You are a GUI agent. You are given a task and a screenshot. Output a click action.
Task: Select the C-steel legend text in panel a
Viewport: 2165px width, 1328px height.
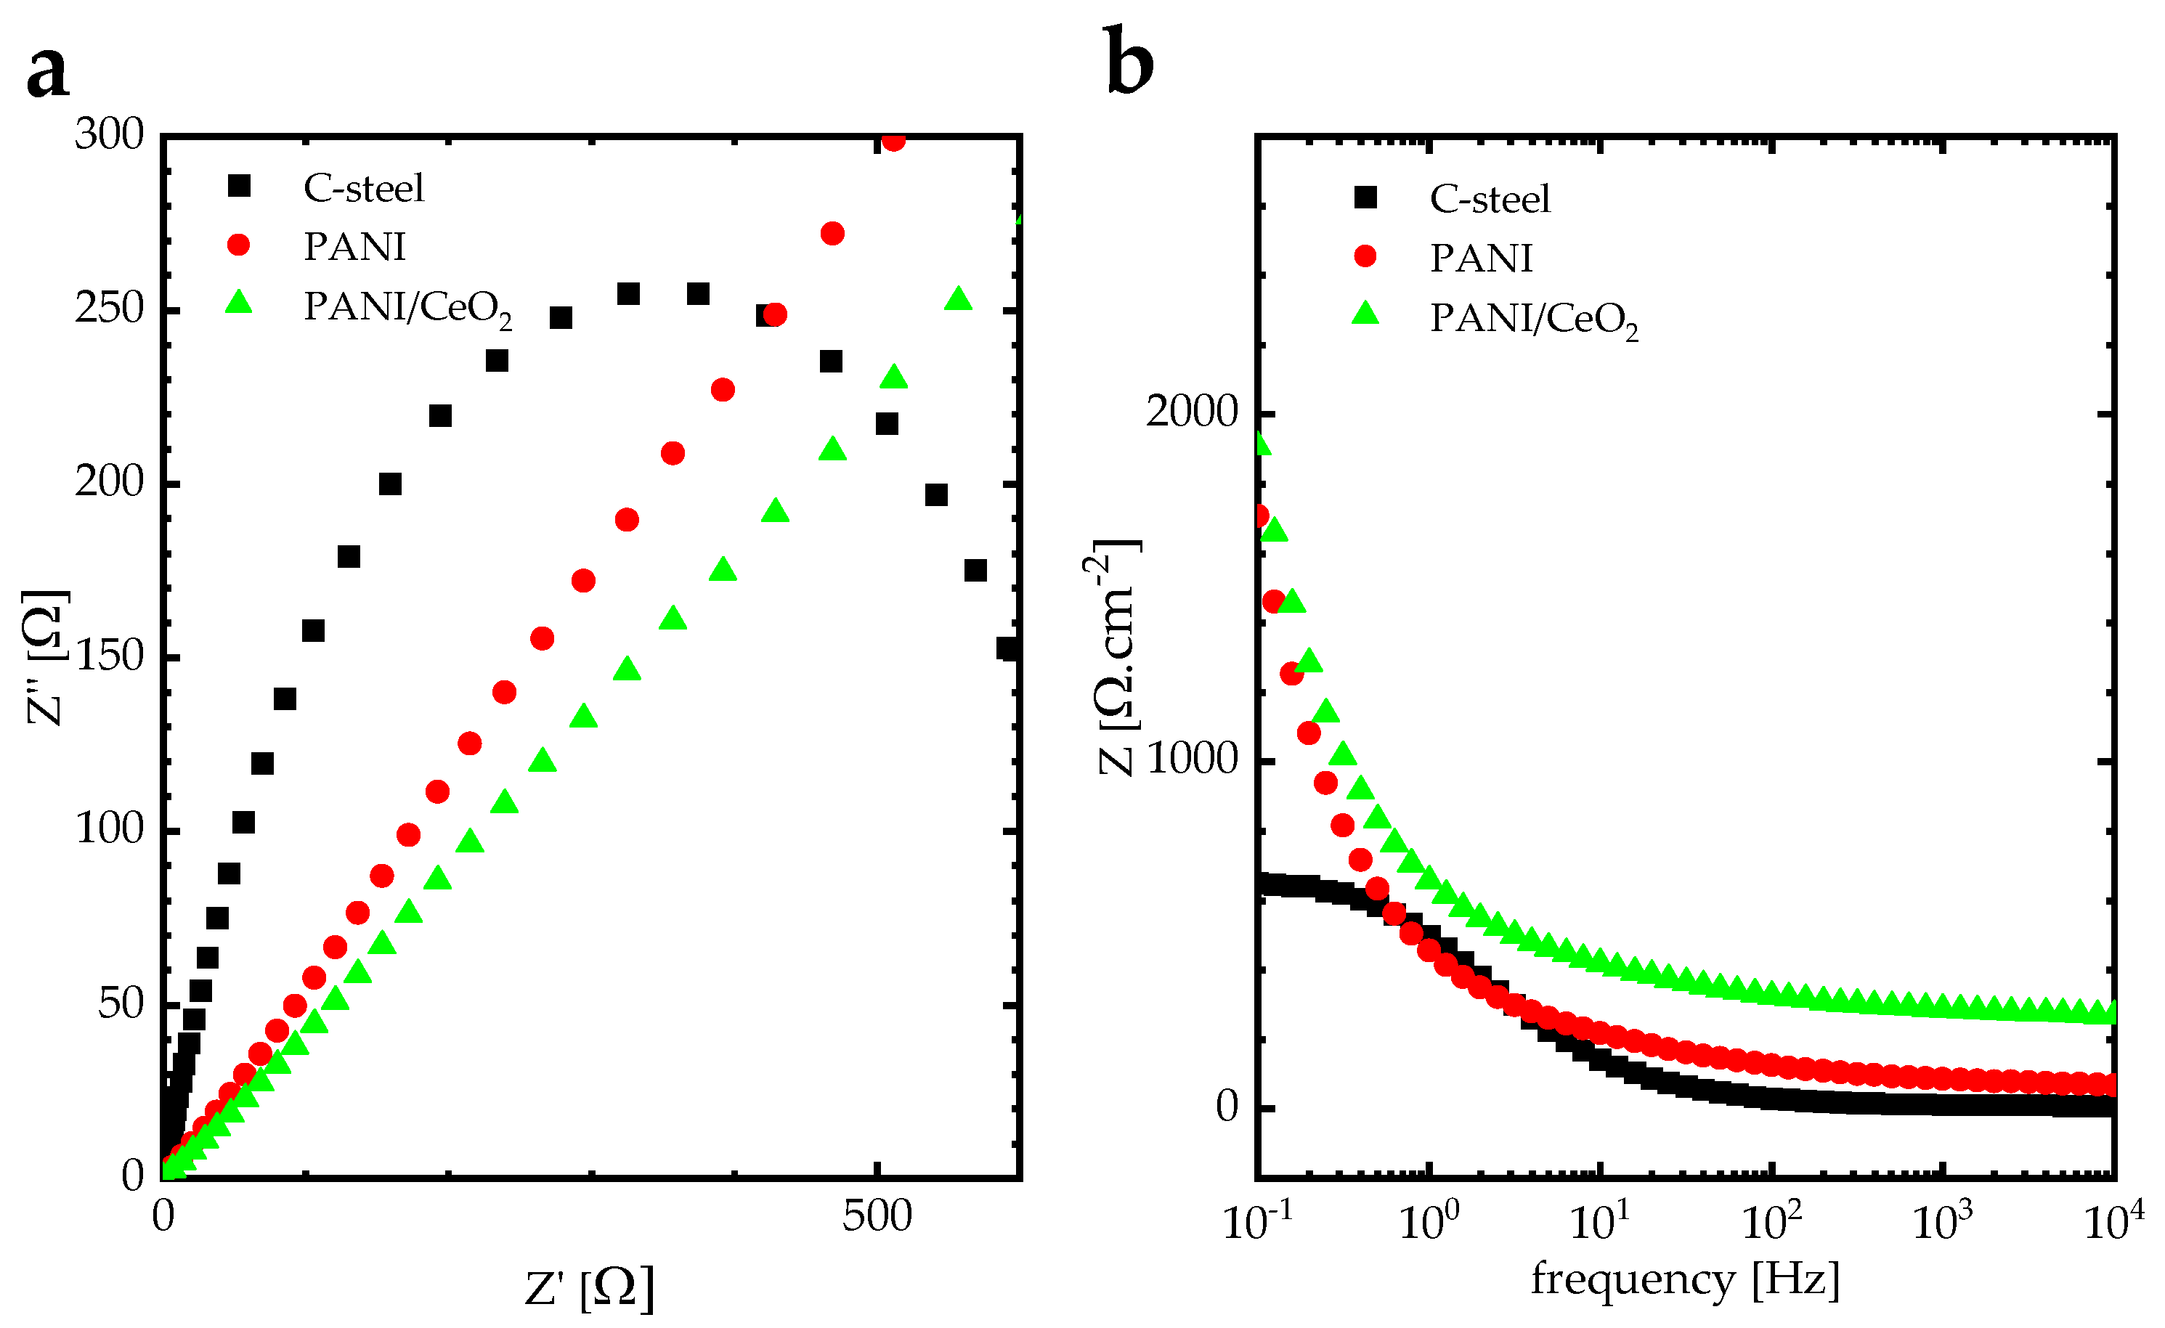(363, 188)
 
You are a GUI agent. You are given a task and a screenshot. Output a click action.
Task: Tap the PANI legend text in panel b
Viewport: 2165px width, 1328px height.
(1482, 258)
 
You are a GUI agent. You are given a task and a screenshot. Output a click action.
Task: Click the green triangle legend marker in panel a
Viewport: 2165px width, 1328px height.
(238, 303)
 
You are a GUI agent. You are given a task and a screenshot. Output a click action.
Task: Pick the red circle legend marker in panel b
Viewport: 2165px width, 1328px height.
(1365, 256)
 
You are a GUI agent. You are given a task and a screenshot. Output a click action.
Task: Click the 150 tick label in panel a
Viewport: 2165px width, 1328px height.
(109, 656)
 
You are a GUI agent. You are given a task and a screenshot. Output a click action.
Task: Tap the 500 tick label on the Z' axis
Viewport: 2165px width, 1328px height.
(877, 1216)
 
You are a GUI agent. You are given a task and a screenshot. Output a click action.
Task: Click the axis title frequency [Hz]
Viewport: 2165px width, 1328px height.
(1685, 1279)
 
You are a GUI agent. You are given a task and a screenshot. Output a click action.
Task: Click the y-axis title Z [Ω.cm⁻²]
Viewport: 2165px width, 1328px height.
(1116, 657)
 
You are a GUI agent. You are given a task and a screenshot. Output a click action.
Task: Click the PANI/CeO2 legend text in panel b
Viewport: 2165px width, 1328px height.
(1533, 319)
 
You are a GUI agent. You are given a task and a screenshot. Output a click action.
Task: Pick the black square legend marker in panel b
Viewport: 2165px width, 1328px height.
(1365, 197)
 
